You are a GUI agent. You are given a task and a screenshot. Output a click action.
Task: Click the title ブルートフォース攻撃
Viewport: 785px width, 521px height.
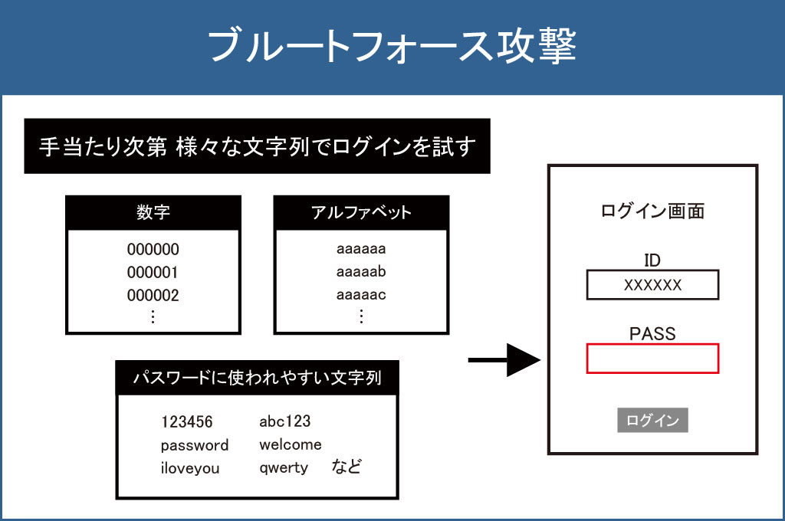click(392, 46)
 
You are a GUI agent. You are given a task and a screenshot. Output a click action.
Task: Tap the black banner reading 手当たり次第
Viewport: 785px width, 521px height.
click(257, 146)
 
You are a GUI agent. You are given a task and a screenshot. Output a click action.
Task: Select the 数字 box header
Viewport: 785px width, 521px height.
click(153, 213)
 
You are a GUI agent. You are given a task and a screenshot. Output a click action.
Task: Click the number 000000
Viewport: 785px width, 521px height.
click(153, 250)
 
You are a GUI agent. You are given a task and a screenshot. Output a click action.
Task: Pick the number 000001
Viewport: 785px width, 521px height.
click(153, 273)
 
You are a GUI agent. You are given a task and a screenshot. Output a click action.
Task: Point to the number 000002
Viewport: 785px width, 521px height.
click(153, 296)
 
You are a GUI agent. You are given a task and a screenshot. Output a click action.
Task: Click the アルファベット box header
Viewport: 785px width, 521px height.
click(361, 213)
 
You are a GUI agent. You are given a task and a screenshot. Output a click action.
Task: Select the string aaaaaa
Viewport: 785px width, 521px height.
click(361, 250)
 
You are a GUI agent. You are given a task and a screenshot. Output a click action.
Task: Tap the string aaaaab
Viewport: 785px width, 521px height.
click(361, 273)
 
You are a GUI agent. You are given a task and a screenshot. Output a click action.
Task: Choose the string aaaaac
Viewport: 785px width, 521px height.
click(361, 296)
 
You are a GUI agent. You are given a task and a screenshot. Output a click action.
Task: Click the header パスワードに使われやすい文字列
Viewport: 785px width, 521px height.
click(257, 378)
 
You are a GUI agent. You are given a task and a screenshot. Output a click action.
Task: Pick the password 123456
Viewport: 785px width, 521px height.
click(186, 422)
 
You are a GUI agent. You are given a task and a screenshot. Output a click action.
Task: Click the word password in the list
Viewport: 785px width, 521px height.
click(195, 445)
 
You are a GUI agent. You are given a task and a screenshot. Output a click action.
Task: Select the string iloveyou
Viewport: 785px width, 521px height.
click(190, 468)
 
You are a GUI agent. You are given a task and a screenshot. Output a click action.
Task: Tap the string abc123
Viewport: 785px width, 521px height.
click(284, 422)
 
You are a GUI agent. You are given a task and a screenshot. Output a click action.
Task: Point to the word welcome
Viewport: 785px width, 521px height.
click(291, 445)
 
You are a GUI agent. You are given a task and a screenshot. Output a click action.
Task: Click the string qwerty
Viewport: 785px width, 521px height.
click(284, 468)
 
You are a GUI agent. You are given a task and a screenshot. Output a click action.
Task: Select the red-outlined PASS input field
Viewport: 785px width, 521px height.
click(652, 359)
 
